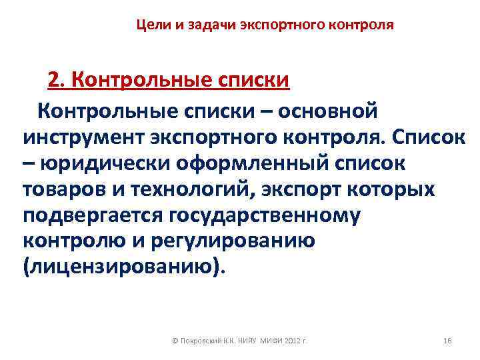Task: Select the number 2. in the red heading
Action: coord(56,81)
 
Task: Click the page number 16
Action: coord(447,341)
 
